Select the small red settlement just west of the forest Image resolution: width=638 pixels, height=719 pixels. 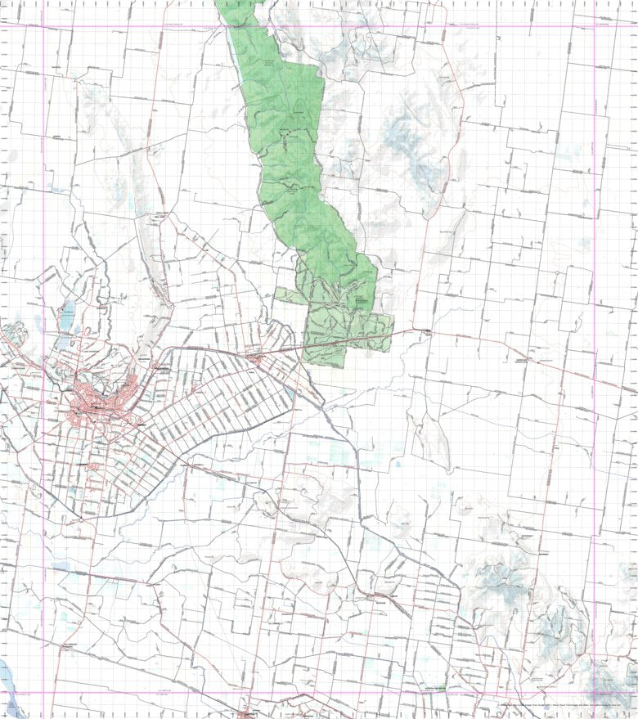(x=256, y=357)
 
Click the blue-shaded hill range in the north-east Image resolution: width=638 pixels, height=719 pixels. (x=409, y=147)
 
